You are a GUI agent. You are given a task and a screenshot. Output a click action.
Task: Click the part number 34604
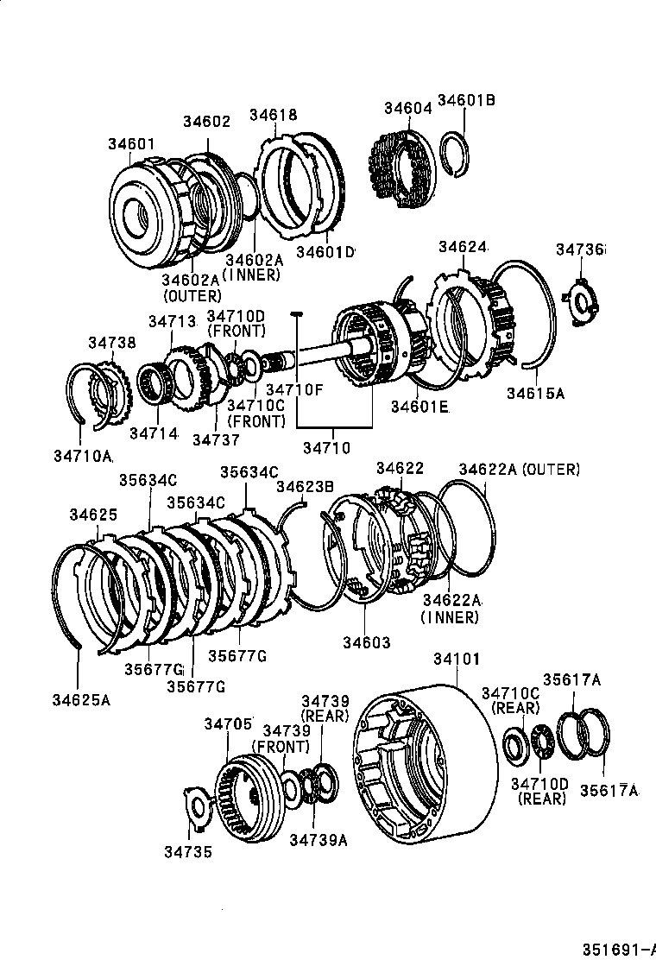pyautogui.click(x=407, y=108)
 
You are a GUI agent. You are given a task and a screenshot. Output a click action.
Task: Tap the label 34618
pyautogui.click(x=274, y=115)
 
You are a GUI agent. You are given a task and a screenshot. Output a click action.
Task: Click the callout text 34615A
pyautogui.click(x=535, y=394)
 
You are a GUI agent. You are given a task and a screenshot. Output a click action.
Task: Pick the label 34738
pyautogui.click(x=111, y=342)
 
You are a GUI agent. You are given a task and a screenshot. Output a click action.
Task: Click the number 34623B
pyautogui.click(x=305, y=487)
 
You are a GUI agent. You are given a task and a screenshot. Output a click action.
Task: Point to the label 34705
pyautogui.click(x=228, y=723)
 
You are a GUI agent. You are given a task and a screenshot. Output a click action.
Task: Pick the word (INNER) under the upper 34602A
pyautogui.click(x=251, y=275)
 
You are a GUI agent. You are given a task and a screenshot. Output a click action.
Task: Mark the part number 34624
pyautogui.click(x=463, y=247)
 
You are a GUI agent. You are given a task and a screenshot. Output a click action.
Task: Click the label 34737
pyautogui.click(x=215, y=439)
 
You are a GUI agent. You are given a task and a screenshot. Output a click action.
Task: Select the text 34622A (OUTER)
pyautogui.click(x=519, y=469)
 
